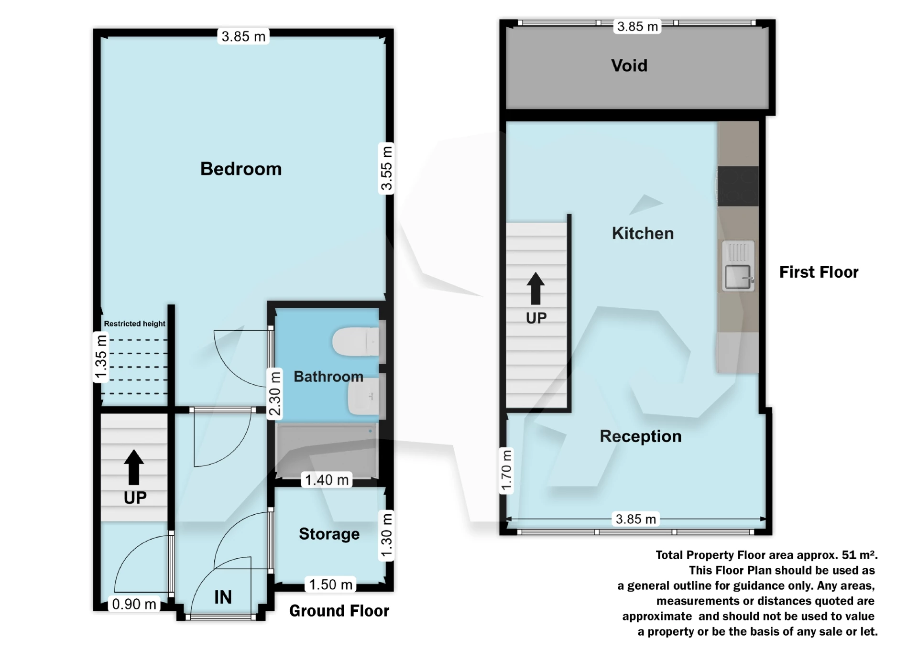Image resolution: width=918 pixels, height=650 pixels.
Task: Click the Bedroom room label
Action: tap(241, 169)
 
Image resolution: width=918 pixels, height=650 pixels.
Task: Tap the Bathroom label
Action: tap(328, 377)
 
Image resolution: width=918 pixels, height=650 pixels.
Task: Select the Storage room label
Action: tap(329, 534)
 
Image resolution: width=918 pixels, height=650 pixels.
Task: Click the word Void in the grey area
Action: tap(629, 65)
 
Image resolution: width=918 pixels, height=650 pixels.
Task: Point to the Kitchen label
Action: tap(643, 233)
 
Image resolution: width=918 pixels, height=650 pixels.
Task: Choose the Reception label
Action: tap(640, 436)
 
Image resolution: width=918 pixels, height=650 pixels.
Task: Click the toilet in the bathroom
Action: tap(356, 342)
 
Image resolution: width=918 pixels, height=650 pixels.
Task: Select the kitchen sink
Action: tap(738, 276)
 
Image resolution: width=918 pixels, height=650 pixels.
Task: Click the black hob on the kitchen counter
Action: tap(738, 186)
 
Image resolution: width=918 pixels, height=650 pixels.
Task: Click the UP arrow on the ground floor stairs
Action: tap(134, 467)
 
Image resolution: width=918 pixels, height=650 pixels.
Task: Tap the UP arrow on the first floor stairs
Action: tap(535, 289)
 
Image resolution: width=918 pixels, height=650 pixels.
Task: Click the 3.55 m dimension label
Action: tap(386, 168)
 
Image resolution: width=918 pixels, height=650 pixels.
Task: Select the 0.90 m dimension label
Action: tap(134, 604)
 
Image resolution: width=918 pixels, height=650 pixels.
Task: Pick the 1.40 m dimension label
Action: tap(327, 480)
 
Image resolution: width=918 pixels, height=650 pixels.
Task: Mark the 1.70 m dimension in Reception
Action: tap(506, 471)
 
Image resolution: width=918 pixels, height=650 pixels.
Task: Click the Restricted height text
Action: tap(134, 324)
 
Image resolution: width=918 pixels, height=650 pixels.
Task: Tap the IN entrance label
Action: tap(223, 597)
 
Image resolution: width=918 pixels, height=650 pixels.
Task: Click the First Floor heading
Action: tap(819, 272)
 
